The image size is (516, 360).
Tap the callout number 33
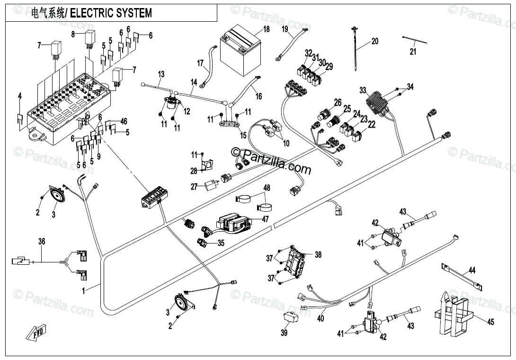363,90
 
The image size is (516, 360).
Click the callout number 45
490,322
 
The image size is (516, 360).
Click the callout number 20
375,41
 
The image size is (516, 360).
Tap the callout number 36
42,242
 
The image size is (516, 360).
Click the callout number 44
472,271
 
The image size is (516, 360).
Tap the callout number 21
413,52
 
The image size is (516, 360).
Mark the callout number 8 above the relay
73,34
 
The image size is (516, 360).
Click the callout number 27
194,187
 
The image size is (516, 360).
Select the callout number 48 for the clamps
267,188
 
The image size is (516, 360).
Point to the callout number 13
161,74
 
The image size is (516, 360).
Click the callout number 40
320,319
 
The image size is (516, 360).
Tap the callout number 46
124,122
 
